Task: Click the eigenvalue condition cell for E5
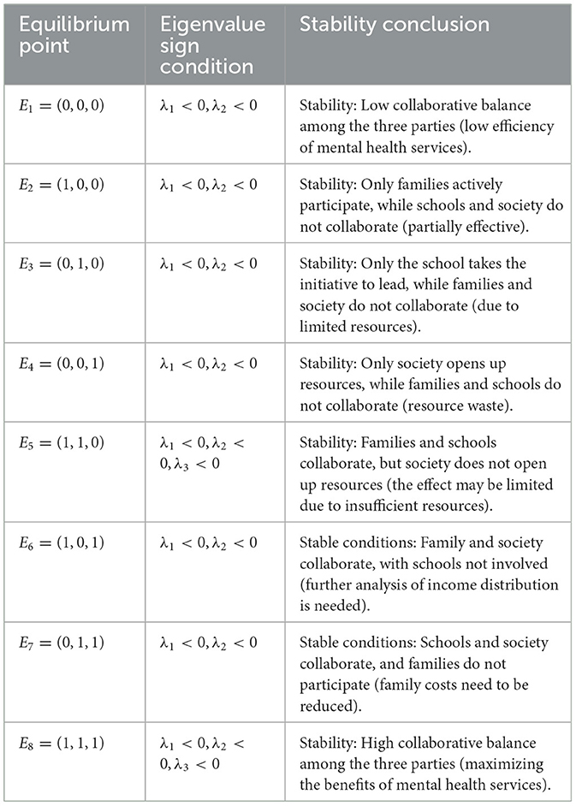(x=210, y=454)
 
